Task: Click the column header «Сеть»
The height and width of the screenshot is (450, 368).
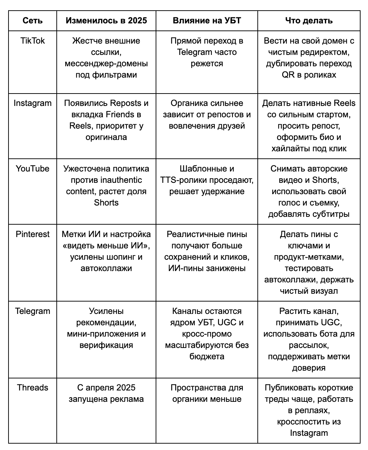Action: click(32, 21)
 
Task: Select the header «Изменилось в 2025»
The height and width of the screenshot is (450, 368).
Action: click(106, 21)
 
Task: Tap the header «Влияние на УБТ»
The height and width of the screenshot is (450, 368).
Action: click(207, 21)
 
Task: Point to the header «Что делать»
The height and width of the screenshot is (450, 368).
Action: click(309, 21)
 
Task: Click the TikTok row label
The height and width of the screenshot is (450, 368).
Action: click(33, 41)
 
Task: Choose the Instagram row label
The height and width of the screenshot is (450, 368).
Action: click(33, 103)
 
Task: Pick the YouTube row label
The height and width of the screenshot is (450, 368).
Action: click(33, 169)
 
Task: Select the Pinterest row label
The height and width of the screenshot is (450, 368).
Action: click(33, 234)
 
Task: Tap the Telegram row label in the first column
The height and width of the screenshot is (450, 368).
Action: click(33, 311)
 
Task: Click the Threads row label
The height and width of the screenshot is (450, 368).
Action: click(33, 388)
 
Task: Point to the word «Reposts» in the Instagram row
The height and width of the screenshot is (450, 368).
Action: click(126, 103)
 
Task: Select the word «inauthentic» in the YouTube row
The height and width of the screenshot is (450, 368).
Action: click(121, 180)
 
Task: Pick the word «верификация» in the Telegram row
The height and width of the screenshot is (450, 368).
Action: click(106, 345)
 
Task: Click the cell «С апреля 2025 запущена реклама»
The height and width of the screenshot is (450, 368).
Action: click(106, 393)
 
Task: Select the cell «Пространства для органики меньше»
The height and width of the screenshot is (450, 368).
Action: click(207, 393)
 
